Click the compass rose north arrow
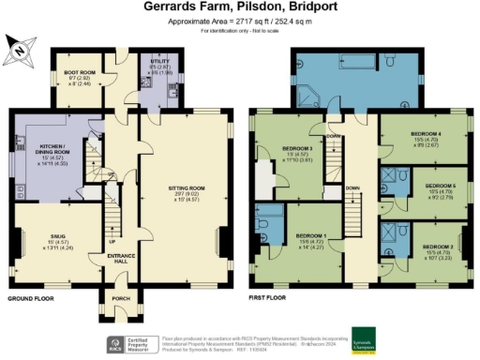click(21, 48)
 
